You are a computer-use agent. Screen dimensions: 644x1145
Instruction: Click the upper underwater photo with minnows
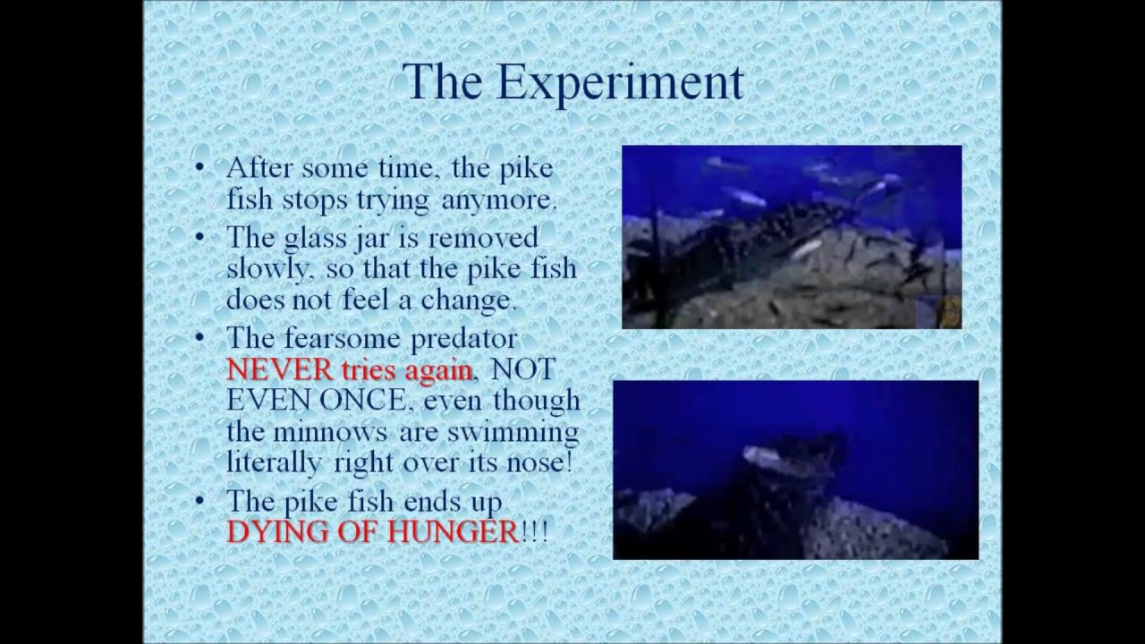tap(792, 237)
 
